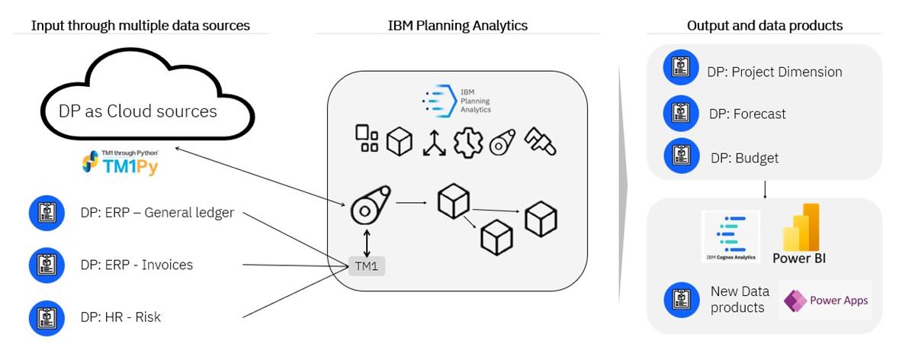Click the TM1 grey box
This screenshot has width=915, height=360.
[368, 266]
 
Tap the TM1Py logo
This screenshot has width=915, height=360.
[120, 162]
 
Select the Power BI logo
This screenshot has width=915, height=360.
[801, 233]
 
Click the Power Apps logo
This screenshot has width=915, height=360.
[826, 301]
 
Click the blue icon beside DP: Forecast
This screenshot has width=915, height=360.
[681, 114]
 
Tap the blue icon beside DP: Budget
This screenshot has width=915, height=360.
[681, 158]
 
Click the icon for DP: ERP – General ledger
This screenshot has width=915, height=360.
[47, 213]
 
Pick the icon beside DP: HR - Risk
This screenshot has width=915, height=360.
[47, 317]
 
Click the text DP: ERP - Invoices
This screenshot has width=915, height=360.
[136, 265]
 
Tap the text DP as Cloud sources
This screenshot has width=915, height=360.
[138, 111]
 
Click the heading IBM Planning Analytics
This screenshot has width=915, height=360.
[457, 25]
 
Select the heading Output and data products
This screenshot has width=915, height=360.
[765, 25]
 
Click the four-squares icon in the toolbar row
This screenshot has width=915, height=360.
[367, 139]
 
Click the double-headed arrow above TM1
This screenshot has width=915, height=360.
[368, 242]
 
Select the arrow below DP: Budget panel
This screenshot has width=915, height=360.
[765, 188]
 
